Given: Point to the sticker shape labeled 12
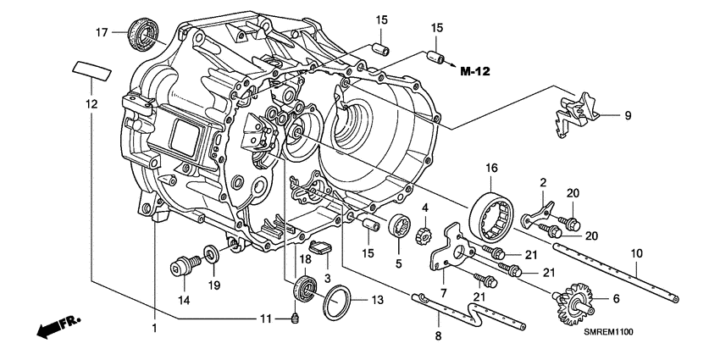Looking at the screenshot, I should click(x=91, y=69).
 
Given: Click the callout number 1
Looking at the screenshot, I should click(x=153, y=327).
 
